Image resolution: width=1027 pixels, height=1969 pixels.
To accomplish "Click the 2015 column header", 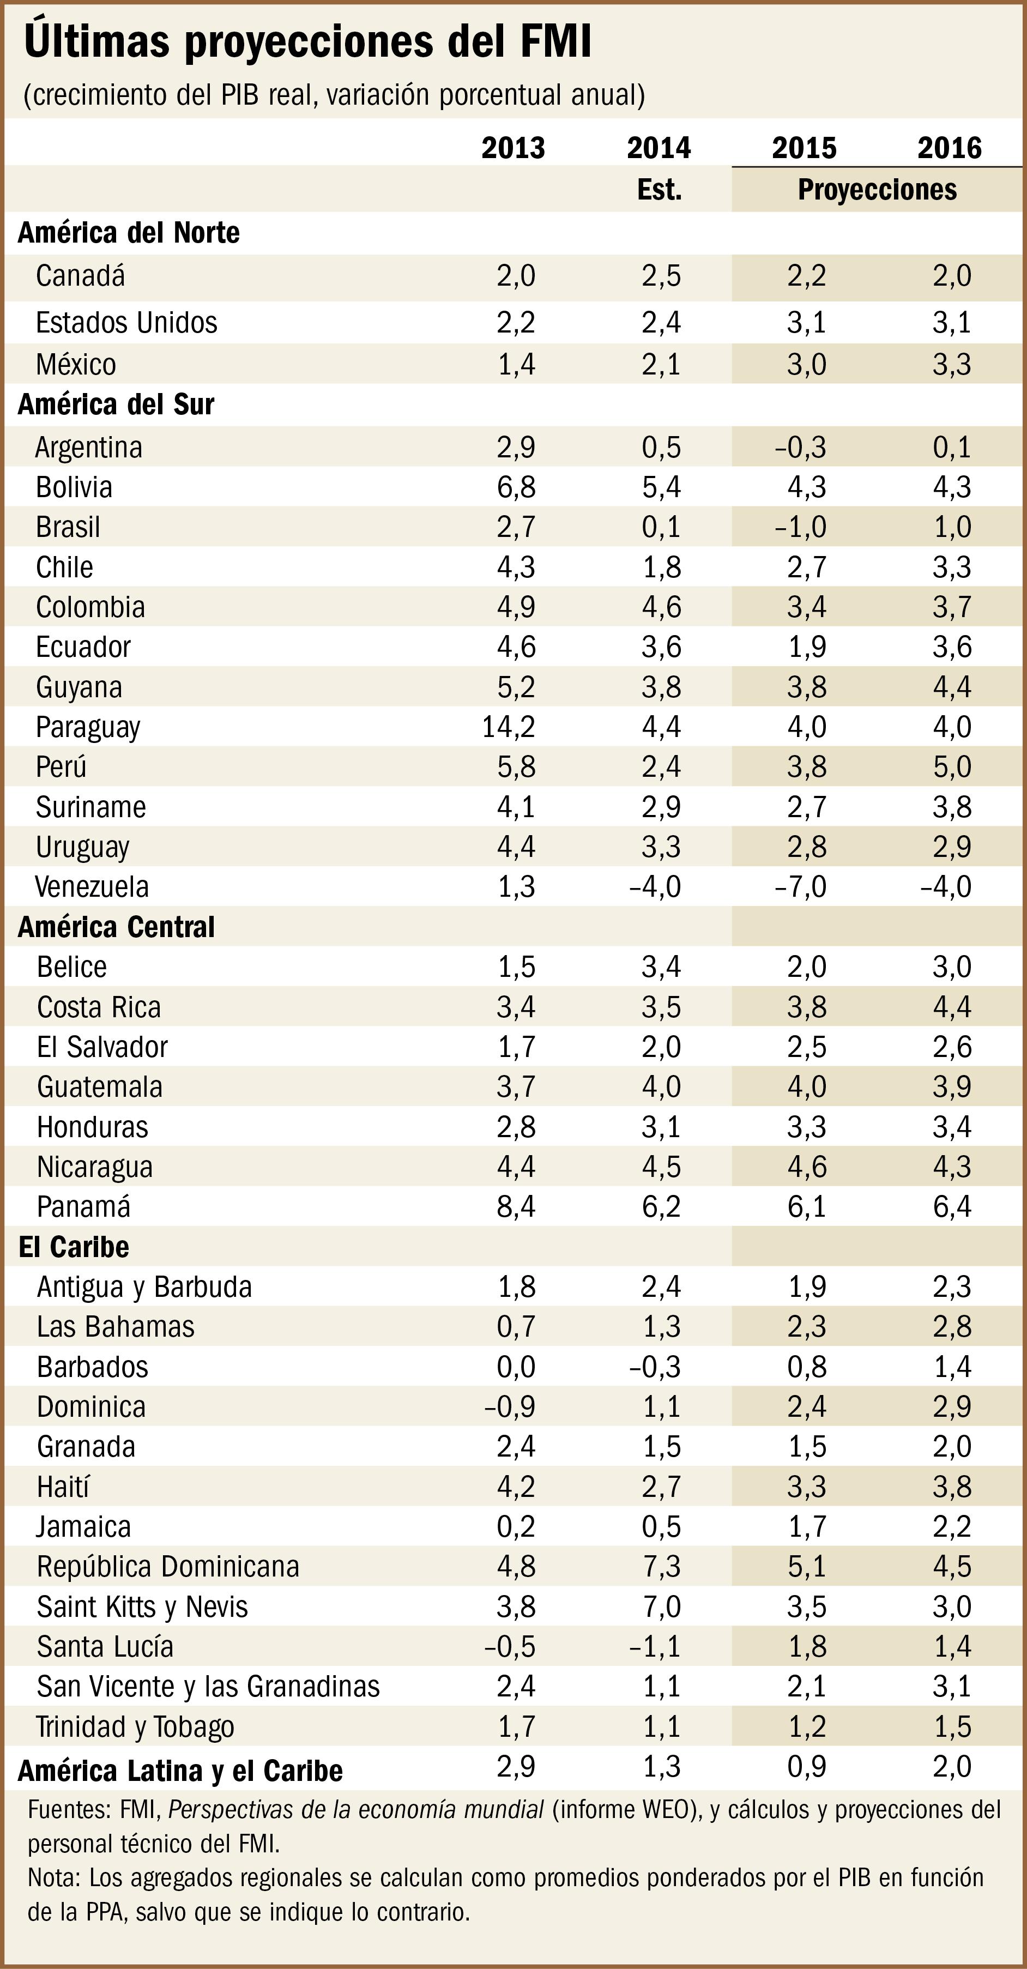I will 804,148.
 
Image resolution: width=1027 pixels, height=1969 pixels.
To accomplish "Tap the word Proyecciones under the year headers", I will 877,190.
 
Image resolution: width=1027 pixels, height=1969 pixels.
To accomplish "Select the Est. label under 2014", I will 660,190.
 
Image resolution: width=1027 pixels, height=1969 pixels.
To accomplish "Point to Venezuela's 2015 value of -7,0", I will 800,887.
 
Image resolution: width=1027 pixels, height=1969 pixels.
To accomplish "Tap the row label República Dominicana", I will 167,1566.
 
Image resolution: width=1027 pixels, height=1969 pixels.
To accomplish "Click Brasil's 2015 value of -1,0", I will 800,527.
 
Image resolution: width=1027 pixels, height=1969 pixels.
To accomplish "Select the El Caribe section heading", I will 74,1247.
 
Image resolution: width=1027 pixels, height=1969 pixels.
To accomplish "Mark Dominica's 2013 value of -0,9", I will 510,1406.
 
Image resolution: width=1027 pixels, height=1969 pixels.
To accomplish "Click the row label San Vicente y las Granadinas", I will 208,1686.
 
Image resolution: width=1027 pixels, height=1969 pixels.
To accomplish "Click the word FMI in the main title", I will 555,41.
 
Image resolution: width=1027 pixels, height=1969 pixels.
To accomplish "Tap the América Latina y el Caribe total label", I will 180,1770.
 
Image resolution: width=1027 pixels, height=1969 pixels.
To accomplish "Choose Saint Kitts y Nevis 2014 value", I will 661,1606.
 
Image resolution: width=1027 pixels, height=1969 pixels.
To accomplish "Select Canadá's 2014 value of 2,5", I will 661,275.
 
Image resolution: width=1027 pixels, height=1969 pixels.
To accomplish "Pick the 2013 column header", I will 513,148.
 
